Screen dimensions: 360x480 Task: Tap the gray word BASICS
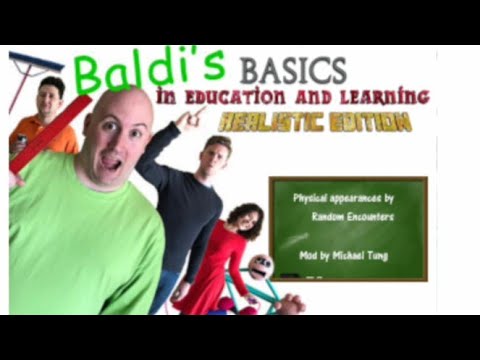pyautogui.click(x=293, y=70)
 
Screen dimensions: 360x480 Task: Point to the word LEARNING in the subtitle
pyautogui.click(x=385, y=98)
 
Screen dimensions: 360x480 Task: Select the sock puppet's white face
pyautogui.click(x=260, y=267)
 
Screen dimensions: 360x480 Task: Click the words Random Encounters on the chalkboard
pyautogui.click(x=347, y=216)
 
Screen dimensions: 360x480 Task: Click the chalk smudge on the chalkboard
pyautogui.click(x=294, y=240)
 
